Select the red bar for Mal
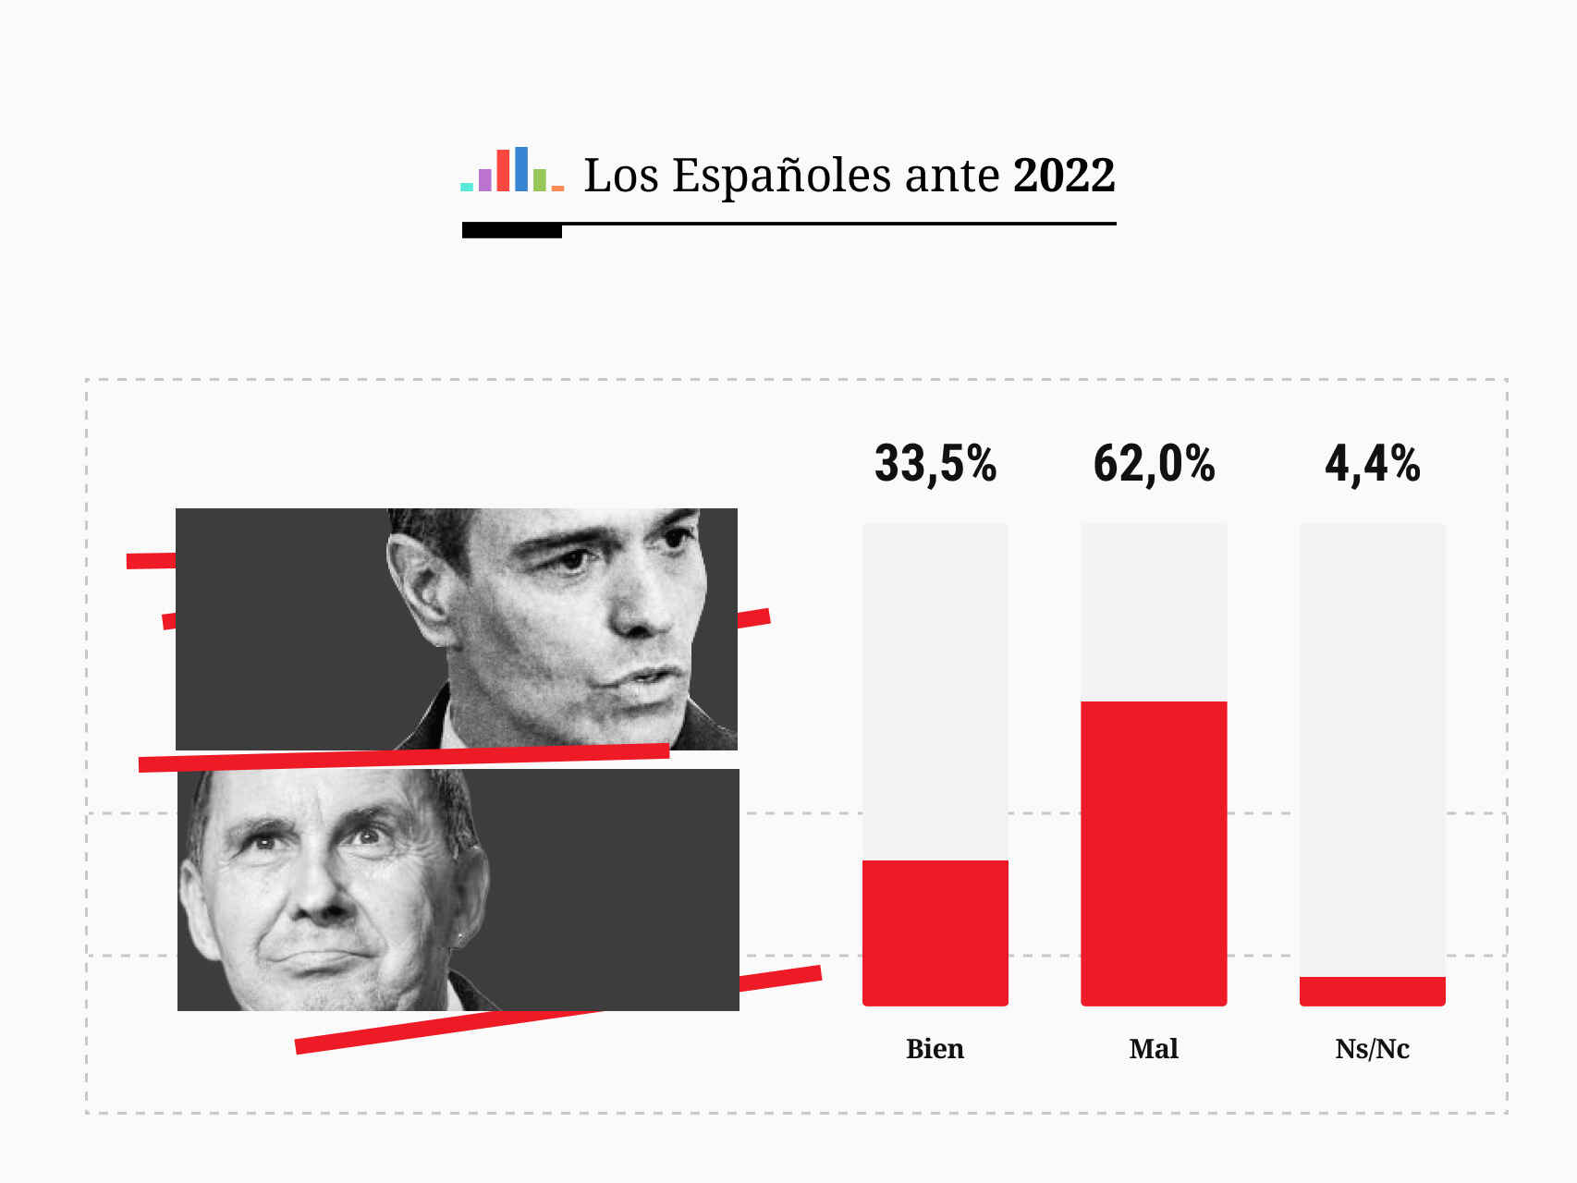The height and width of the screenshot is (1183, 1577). pyautogui.click(x=1154, y=852)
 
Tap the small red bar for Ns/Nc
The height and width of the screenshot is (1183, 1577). pyautogui.click(x=1372, y=991)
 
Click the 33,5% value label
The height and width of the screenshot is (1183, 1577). pyautogui.click(x=935, y=464)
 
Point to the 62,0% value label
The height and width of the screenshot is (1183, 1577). pyautogui.click(x=1154, y=464)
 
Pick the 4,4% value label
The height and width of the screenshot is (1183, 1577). pyautogui.click(x=1372, y=464)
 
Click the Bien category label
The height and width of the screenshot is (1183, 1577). pyautogui.click(x=935, y=1049)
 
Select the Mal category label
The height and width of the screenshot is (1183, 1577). pyautogui.click(x=1154, y=1049)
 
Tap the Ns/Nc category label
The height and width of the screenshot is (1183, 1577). pyautogui.click(x=1372, y=1049)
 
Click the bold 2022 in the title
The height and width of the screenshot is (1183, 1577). pyautogui.click(x=1064, y=176)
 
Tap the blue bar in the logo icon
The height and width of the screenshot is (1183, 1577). pyautogui.click(x=521, y=169)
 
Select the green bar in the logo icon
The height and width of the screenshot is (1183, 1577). pyautogui.click(x=539, y=180)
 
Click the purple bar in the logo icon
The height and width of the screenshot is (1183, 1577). pyautogui.click(x=485, y=180)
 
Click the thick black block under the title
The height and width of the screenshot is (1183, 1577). pyautogui.click(x=511, y=231)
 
